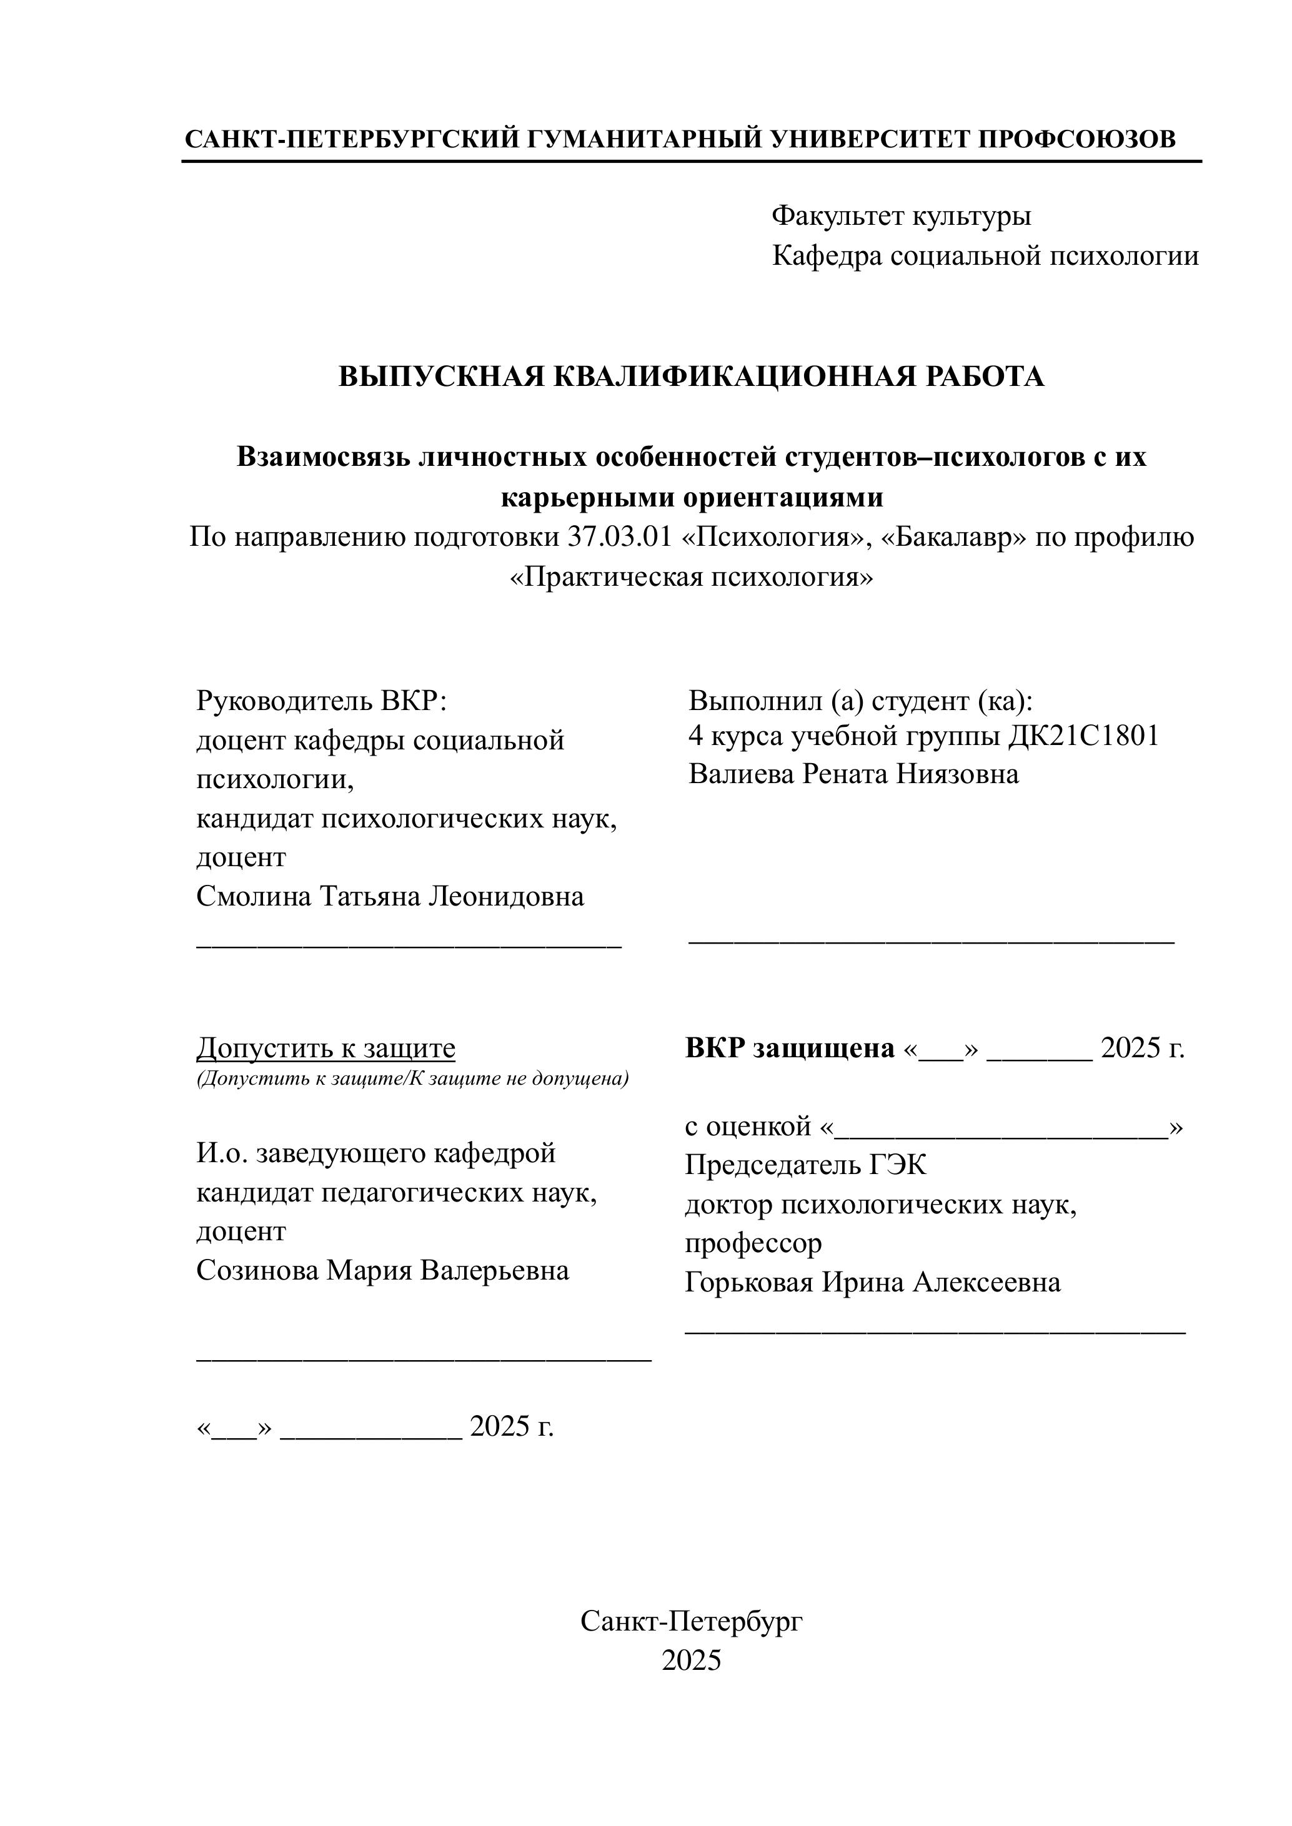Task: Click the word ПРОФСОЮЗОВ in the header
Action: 1076,139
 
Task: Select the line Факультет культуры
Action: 902,215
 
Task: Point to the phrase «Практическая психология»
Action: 690,576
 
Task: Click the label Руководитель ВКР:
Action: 322,701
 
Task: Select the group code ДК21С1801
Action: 1083,736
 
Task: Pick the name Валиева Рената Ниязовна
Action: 853,774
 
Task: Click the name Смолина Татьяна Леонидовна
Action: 390,896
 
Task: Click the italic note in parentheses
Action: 412,1078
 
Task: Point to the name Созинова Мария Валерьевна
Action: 383,1270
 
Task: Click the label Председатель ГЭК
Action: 805,1166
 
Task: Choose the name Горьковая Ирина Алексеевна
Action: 873,1282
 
